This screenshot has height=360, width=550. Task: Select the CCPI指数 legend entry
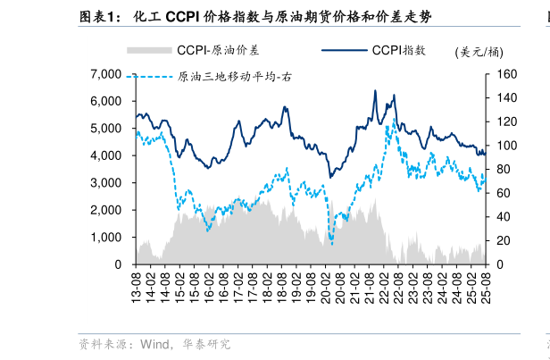pos(398,50)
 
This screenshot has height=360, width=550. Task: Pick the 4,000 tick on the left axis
pos(105,155)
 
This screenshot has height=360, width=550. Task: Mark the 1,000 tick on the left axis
pos(105,238)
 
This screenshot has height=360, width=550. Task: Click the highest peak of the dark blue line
pos(374,90)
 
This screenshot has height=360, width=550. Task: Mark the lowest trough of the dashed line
pos(331,244)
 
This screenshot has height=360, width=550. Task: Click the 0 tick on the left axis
pos(117,265)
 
